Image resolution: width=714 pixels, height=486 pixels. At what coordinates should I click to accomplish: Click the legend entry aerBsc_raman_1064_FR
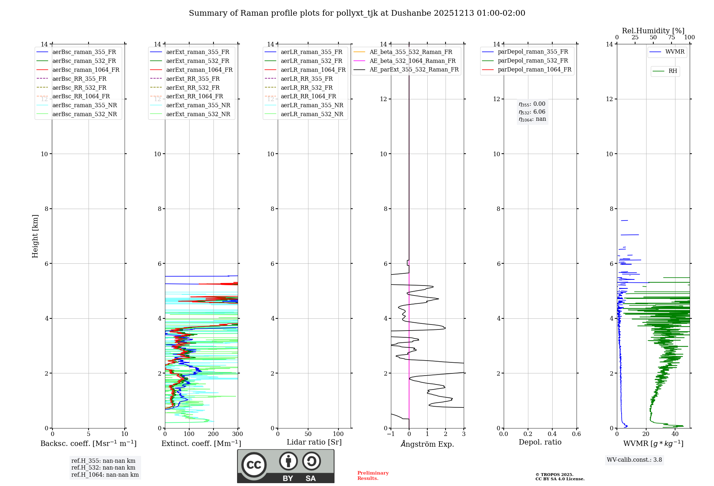[86, 70]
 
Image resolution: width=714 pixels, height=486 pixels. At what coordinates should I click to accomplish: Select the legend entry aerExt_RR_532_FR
[193, 88]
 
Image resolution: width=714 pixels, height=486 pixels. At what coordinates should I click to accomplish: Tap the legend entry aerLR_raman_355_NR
[312, 105]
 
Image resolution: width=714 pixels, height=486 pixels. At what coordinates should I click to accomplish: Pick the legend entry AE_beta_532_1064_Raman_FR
[412, 61]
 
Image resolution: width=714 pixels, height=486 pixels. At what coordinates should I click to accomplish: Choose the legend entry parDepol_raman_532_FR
[533, 61]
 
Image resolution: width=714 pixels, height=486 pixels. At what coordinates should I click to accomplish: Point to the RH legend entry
[673, 71]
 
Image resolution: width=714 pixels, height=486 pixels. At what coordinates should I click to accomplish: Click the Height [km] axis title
[35, 236]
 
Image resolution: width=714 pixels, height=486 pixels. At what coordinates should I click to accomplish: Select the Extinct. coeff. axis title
[201, 443]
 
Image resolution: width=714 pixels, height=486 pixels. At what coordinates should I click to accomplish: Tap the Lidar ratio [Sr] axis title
[314, 442]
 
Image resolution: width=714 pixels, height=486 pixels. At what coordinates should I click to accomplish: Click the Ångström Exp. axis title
[427, 444]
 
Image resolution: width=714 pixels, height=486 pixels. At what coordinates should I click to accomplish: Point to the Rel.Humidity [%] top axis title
[653, 31]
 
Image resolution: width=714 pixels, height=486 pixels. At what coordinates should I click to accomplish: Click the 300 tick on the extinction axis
[237, 434]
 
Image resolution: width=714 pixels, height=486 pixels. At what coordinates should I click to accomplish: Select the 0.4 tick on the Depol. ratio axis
[552, 434]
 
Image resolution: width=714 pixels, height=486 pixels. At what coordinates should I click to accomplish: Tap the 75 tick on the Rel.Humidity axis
[672, 38]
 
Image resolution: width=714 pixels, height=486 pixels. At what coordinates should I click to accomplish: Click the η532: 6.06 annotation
[532, 112]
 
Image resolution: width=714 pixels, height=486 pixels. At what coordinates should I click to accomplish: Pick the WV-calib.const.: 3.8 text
[634, 460]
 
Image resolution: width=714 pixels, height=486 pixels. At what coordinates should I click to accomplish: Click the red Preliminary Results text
[373, 476]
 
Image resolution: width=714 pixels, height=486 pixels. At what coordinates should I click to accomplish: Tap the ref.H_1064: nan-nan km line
[105, 475]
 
